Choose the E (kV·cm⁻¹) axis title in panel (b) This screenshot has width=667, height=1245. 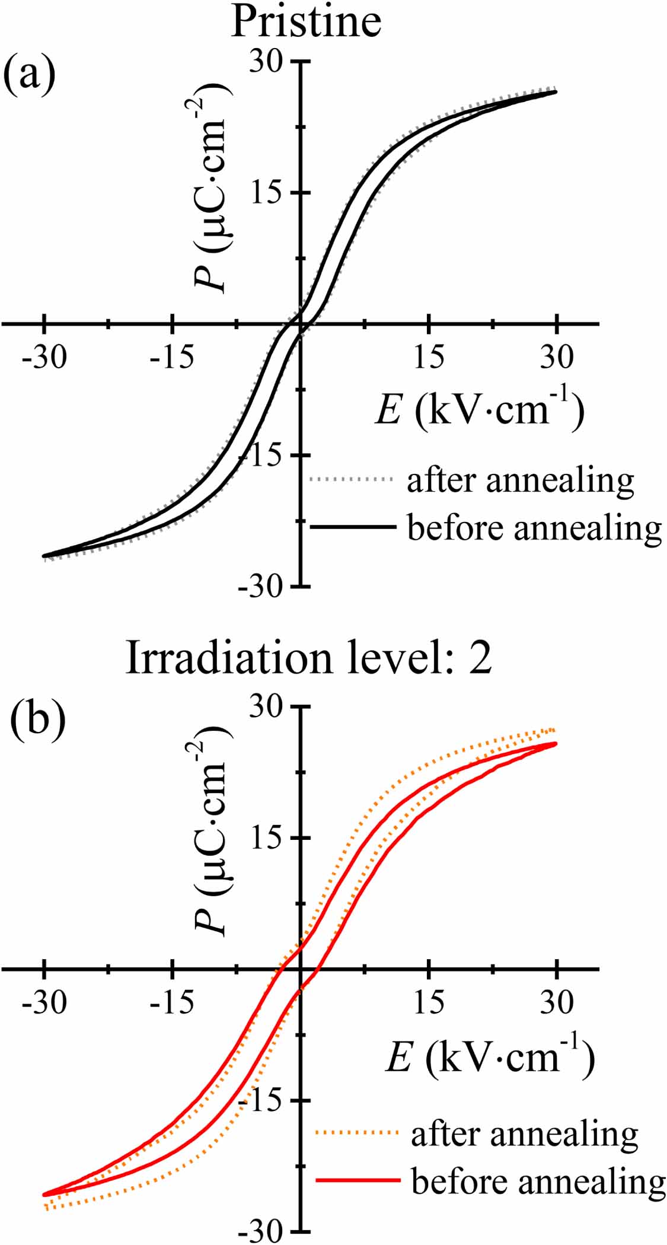point(489,1055)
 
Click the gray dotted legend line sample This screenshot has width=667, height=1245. point(352,478)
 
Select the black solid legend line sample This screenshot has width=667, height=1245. point(352,526)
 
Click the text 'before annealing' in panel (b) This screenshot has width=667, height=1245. point(538,1182)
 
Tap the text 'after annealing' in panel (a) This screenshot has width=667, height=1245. point(520,479)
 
